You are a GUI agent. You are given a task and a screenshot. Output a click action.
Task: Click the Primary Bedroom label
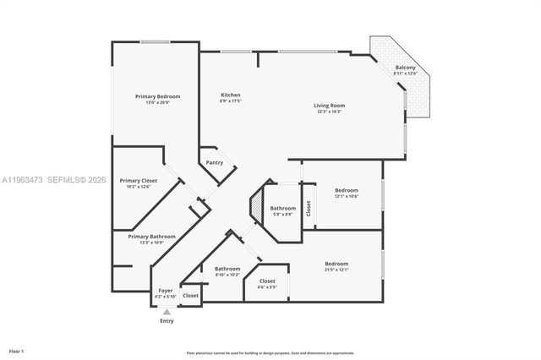tap(157, 96)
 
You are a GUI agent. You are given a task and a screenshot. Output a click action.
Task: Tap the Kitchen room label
tap(231, 95)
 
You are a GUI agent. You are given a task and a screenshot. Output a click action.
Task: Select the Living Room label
tap(331, 106)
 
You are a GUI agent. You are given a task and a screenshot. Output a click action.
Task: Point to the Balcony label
tap(406, 68)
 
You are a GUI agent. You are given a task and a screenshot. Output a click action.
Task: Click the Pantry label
tap(215, 162)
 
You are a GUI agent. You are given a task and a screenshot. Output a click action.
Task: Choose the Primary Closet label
tap(139, 180)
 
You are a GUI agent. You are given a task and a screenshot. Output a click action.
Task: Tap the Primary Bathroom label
tap(152, 237)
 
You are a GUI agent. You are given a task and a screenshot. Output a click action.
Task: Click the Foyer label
tap(166, 291)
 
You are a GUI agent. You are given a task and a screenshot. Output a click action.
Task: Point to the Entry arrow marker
tap(166, 311)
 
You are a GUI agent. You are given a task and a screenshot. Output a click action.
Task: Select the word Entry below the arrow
tap(166, 321)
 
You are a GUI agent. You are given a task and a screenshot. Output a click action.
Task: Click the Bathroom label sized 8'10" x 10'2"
tap(227, 269)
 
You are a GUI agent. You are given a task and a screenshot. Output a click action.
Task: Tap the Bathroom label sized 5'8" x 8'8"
tap(283, 208)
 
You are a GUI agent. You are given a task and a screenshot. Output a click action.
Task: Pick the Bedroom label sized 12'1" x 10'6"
tap(347, 190)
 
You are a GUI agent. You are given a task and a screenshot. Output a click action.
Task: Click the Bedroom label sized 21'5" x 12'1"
tap(336, 264)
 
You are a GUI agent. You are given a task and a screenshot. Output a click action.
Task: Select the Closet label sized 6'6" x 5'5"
tap(267, 281)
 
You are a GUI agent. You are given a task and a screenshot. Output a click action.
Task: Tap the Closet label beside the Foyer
tap(191, 296)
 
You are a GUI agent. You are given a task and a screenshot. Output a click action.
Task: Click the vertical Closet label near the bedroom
tap(309, 208)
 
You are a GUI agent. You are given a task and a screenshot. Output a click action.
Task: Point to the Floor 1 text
tap(16, 351)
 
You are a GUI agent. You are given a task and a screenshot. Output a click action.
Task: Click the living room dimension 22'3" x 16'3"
tap(331, 112)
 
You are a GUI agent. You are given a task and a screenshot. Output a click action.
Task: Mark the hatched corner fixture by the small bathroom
tap(256, 207)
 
